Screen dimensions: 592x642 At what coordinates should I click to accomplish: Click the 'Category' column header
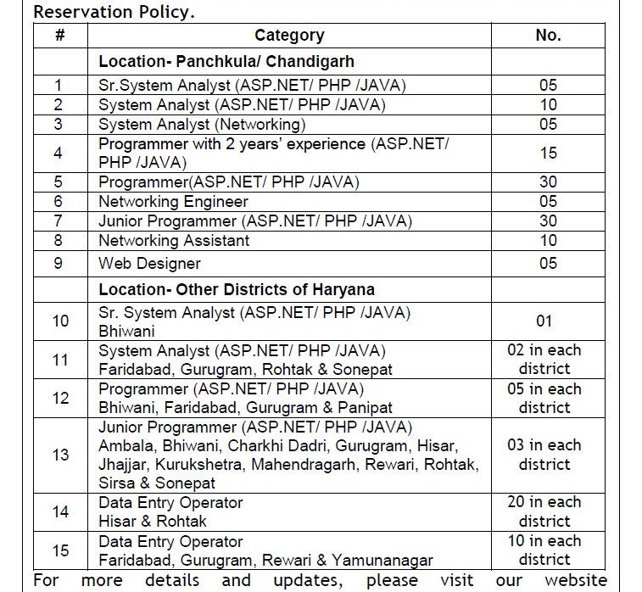pyautogui.click(x=289, y=36)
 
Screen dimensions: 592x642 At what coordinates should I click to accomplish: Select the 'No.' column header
pyautogui.click(x=548, y=36)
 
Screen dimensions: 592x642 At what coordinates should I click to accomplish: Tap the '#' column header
pyautogui.click(x=59, y=36)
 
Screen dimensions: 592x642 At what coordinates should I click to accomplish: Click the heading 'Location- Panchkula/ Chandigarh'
pyautogui.click(x=226, y=62)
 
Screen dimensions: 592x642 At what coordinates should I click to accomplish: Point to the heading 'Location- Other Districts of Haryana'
pyautogui.click(x=237, y=289)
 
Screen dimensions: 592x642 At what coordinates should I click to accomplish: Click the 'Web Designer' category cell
pyautogui.click(x=149, y=264)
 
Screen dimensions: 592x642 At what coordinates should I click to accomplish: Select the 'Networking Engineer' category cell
pyautogui.click(x=173, y=202)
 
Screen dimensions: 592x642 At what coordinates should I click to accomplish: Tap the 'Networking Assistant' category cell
pyautogui.click(x=174, y=241)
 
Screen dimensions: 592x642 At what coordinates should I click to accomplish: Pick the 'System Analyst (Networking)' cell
pyautogui.click(x=202, y=124)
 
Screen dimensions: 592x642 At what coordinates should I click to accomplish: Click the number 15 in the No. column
pyautogui.click(x=548, y=154)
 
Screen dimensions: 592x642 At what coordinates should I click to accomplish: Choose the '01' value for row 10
pyautogui.click(x=544, y=321)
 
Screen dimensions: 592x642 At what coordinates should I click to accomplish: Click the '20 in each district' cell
pyautogui.click(x=544, y=511)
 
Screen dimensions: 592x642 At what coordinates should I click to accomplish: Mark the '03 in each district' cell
pyautogui.click(x=544, y=455)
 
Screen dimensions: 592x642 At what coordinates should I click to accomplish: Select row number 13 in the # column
pyautogui.click(x=60, y=455)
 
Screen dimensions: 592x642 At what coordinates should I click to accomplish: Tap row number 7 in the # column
pyautogui.click(x=59, y=221)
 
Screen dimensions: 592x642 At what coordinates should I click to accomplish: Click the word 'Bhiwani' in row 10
pyautogui.click(x=126, y=332)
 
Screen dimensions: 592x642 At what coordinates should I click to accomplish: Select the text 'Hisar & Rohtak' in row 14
pyautogui.click(x=153, y=521)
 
